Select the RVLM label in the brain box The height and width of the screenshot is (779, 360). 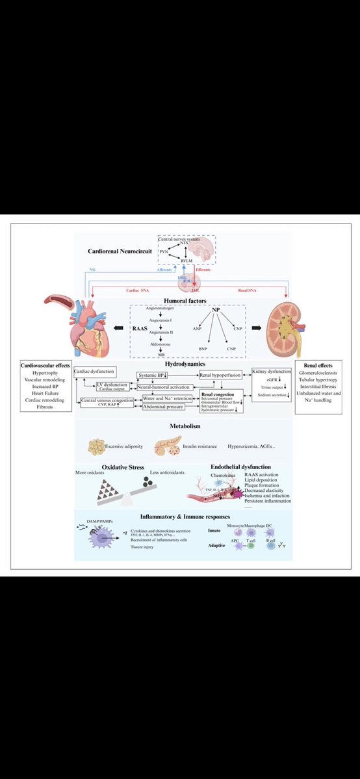pyautogui.click(x=188, y=260)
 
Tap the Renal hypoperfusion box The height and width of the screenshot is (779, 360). pyautogui.click(x=222, y=376)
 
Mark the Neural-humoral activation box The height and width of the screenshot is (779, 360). pyautogui.click(x=164, y=387)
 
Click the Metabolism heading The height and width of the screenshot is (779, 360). pyautogui.click(x=180, y=427)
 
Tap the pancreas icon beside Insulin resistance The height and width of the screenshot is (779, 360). pyautogui.click(x=167, y=447)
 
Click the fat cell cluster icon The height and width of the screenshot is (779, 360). pyautogui.click(x=100, y=447)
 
